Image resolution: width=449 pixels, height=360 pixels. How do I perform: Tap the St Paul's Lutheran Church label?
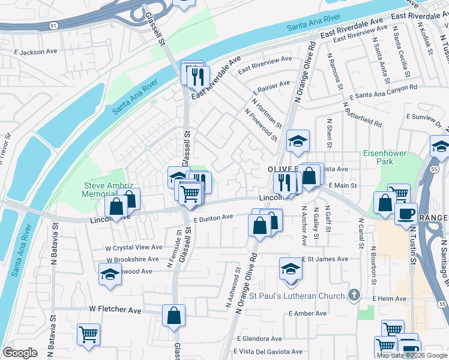298,296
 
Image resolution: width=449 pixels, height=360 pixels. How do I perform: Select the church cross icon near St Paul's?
354,295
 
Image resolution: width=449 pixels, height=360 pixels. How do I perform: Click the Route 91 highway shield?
53,25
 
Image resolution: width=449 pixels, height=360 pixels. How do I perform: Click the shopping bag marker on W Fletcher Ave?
173,314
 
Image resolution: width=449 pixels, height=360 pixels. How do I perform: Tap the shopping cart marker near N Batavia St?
89,334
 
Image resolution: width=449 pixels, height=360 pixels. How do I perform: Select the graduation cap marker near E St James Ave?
291,268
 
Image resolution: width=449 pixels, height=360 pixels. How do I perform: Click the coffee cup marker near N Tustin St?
406,213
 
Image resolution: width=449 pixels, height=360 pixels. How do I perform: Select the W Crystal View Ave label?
134,247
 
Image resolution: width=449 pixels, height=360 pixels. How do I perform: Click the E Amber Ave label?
307,313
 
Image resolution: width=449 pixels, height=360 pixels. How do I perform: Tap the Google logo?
20,353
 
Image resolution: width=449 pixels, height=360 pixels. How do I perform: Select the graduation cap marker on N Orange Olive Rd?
298,142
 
